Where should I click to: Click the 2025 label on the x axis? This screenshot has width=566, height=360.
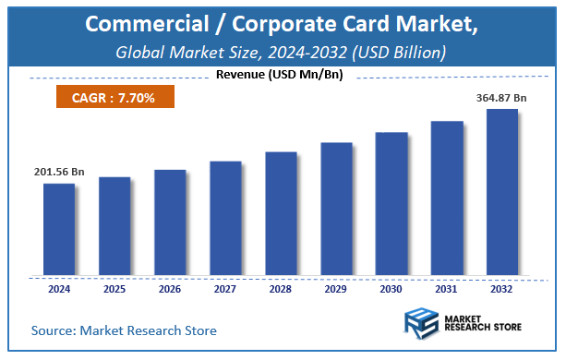114,288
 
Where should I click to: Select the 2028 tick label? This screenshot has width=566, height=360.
281,288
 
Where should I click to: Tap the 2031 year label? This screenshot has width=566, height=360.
447,288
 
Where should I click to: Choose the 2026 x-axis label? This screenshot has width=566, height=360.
170,288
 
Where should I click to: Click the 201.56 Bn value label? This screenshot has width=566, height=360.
60,172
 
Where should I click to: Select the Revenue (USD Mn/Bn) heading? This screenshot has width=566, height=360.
282,75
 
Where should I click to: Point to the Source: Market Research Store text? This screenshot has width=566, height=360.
123,330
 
